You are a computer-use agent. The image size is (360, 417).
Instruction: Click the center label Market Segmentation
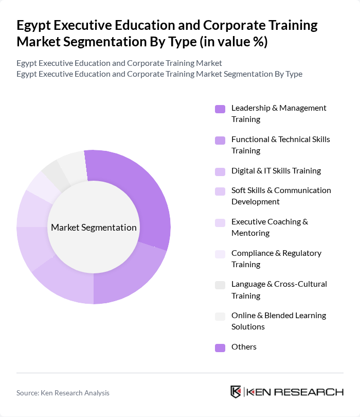(94, 228)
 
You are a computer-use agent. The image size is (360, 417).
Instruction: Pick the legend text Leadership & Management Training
(279, 113)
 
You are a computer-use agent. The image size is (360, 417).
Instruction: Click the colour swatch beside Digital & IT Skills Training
(220, 171)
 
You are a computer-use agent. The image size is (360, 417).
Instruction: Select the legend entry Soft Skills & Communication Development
(281, 196)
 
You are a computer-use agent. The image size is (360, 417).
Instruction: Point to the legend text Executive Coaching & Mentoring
(269, 227)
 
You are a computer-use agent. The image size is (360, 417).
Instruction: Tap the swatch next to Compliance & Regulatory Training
(220, 254)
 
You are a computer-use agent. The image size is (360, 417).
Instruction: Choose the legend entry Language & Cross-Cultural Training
(279, 290)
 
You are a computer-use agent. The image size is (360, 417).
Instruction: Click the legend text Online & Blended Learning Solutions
(279, 321)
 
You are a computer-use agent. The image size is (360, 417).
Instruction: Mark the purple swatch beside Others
(220, 347)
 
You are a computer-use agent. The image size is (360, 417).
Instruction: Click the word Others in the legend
(244, 347)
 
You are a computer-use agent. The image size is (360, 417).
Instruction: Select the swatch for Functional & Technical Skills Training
(220, 140)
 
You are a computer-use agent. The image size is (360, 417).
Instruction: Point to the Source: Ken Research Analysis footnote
(63, 393)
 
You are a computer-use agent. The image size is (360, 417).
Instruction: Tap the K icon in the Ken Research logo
(236, 392)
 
